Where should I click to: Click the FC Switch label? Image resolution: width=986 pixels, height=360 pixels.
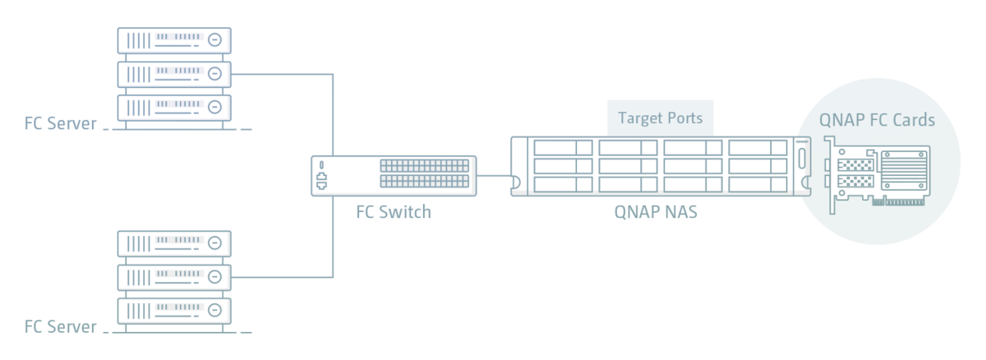click(x=392, y=212)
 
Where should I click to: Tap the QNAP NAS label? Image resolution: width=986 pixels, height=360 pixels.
click(x=656, y=211)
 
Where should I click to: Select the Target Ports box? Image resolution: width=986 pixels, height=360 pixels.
click(x=660, y=118)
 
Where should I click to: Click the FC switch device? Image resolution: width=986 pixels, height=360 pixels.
click(x=392, y=174)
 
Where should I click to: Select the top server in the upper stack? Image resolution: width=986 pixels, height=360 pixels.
click(x=174, y=39)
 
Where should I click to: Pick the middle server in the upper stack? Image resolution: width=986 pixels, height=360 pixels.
click(x=174, y=74)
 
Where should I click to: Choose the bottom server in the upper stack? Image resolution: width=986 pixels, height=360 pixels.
click(x=174, y=108)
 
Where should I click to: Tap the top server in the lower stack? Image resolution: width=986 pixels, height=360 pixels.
click(x=174, y=242)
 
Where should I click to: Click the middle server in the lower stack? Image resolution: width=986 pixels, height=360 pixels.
click(x=174, y=276)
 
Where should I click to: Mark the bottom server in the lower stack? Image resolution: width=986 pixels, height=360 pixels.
click(x=174, y=310)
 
